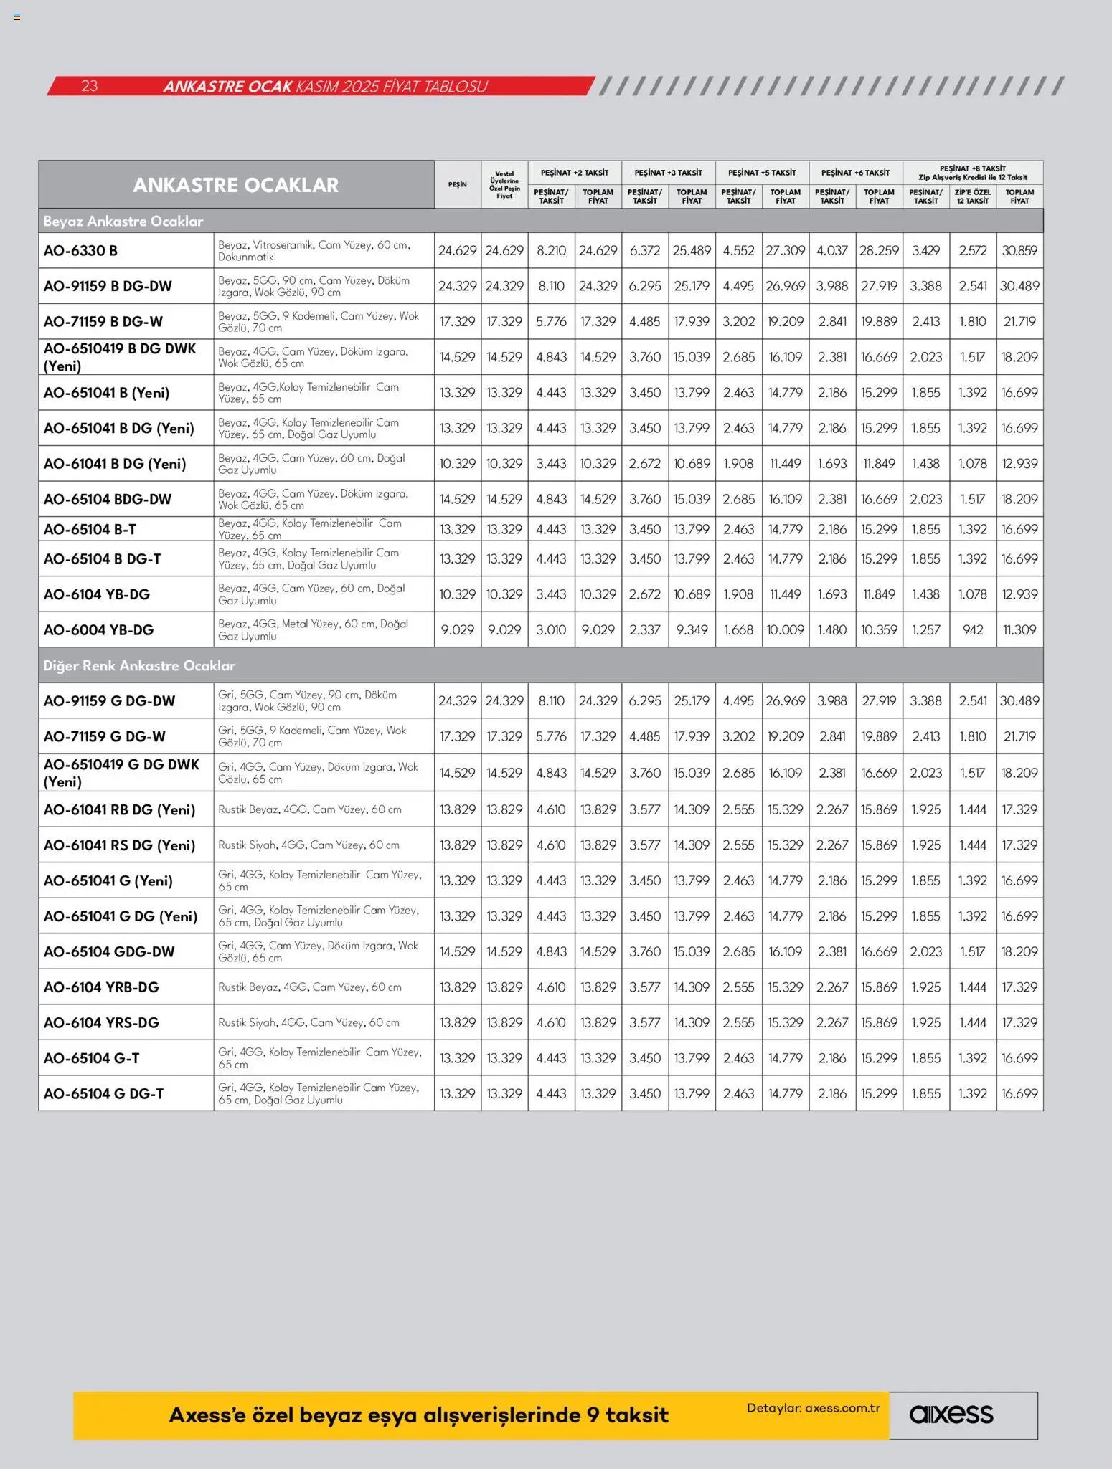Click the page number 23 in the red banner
(x=89, y=86)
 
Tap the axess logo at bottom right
(x=951, y=1415)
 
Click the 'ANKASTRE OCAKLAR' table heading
(x=235, y=185)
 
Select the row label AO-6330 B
(x=80, y=251)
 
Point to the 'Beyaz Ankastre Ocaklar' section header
(x=123, y=222)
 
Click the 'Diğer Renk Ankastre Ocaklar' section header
(x=139, y=666)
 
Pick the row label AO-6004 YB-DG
(x=99, y=630)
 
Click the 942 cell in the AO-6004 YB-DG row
(x=973, y=630)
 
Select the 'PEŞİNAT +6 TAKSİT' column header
(x=855, y=173)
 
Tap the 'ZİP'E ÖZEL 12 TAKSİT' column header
(x=973, y=196)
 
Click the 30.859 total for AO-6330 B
(x=1019, y=251)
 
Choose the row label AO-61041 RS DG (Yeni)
(x=120, y=845)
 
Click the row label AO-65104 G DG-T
(x=104, y=1094)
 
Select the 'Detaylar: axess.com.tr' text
(x=813, y=1408)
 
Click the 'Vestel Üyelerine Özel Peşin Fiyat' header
(x=504, y=185)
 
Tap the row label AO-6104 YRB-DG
(x=102, y=987)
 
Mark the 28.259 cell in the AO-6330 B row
(x=879, y=251)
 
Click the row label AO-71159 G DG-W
(x=105, y=737)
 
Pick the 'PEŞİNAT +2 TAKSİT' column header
(x=575, y=173)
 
